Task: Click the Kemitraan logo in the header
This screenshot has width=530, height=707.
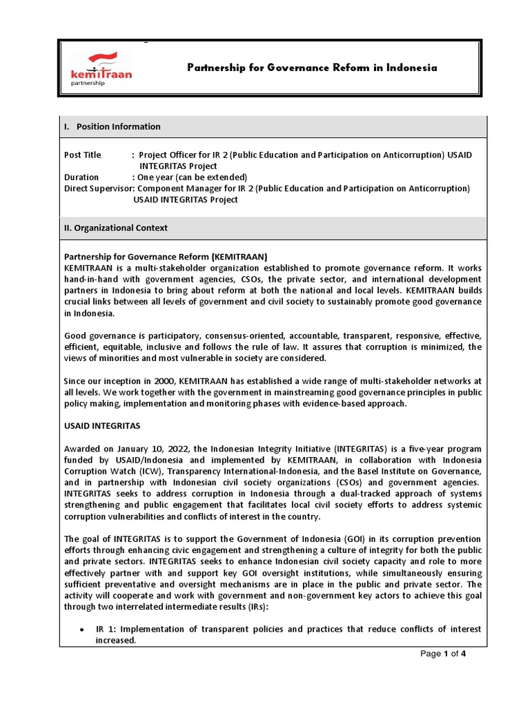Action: point(101,68)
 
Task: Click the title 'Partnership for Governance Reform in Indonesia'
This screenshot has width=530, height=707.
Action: point(313,68)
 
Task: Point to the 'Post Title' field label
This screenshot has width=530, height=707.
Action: point(82,155)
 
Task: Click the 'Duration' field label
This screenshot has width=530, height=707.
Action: point(81,177)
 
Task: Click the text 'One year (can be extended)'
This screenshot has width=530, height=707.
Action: point(192,177)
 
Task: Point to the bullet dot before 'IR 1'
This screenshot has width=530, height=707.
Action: point(82,630)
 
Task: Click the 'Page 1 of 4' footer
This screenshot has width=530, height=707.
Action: point(444,655)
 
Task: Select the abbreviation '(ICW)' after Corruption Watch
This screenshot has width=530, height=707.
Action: point(151,471)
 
